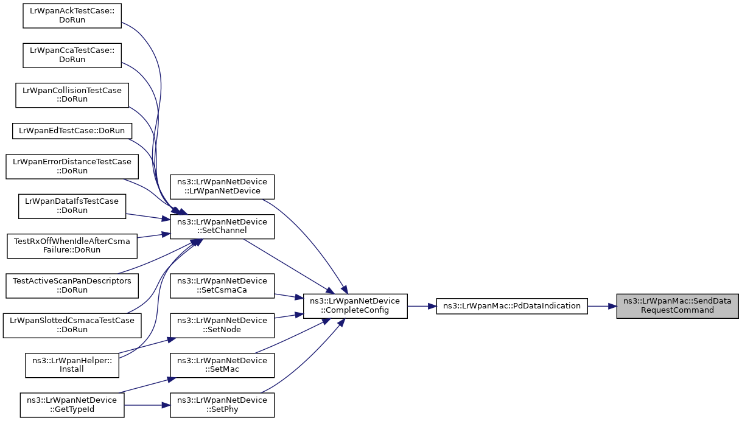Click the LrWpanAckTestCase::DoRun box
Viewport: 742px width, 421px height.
(72, 15)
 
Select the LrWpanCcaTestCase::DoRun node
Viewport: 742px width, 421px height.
(72, 55)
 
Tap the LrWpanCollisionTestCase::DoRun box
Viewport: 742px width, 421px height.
(72, 94)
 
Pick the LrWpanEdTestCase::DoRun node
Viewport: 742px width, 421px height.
(72, 130)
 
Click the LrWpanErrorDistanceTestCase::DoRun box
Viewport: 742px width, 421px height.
(72, 166)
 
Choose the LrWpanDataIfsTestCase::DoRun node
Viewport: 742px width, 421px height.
(72, 206)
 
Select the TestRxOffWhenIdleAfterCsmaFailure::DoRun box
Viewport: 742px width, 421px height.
(72, 245)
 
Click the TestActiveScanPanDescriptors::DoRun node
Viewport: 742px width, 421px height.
(72, 285)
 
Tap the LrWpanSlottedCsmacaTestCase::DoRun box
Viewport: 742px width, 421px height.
(72, 324)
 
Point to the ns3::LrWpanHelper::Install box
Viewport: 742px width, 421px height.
(72, 364)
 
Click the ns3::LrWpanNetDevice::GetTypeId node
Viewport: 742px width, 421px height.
(72, 405)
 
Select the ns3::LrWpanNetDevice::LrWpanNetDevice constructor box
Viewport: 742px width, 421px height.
(222, 186)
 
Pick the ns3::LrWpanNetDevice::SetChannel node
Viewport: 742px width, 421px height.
(222, 226)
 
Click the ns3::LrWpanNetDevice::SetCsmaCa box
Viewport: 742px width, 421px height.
(222, 285)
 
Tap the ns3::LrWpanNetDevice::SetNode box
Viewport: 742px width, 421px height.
(222, 325)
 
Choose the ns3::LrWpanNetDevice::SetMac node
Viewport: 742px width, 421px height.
(222, 365)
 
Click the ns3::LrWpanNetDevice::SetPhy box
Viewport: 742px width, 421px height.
(222, 405)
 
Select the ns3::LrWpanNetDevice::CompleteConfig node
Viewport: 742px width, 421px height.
(355, 305)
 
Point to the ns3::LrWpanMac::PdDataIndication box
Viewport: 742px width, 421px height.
(512, 305)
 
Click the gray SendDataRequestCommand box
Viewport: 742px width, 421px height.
(677, 305)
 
